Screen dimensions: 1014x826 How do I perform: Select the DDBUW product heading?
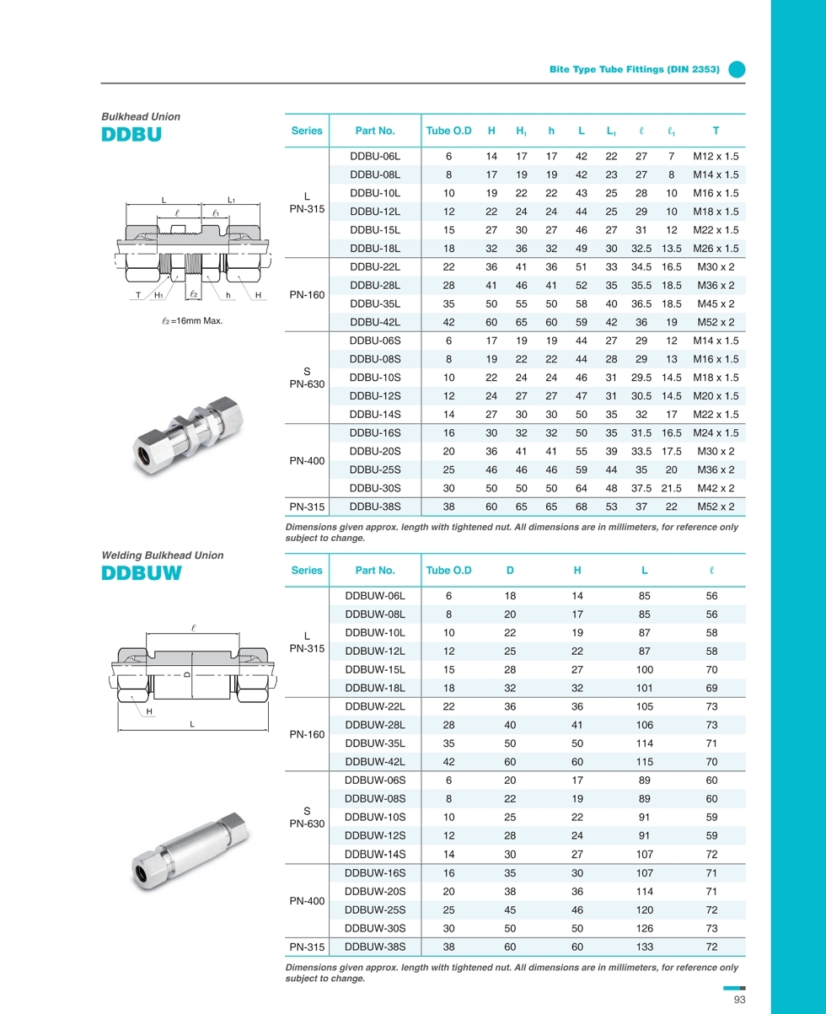point(142,573)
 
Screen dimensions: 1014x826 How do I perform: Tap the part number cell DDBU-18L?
point(374,249)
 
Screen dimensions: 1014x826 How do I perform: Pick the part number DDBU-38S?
point(374,507)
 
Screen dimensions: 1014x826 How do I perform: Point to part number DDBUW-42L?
point(375,761)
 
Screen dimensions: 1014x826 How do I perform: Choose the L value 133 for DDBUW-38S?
point(644,947)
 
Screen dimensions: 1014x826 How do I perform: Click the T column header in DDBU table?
point(715,131)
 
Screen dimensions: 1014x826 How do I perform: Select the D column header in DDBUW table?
point(510,571)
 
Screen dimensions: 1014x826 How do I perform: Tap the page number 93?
point(740,1000)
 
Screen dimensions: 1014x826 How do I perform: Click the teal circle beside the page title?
point(737,70)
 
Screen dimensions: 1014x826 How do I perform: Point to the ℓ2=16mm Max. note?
point(192,321)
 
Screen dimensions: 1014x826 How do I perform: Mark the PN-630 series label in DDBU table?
point(306,384)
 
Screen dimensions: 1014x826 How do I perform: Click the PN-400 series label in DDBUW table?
point(306,901)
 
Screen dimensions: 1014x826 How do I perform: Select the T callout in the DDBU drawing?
point(137,295)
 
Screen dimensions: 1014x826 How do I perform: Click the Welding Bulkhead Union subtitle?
point(163,555)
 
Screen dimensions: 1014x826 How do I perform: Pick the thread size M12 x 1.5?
point(715,156)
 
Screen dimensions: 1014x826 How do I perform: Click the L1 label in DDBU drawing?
point(231,200)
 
